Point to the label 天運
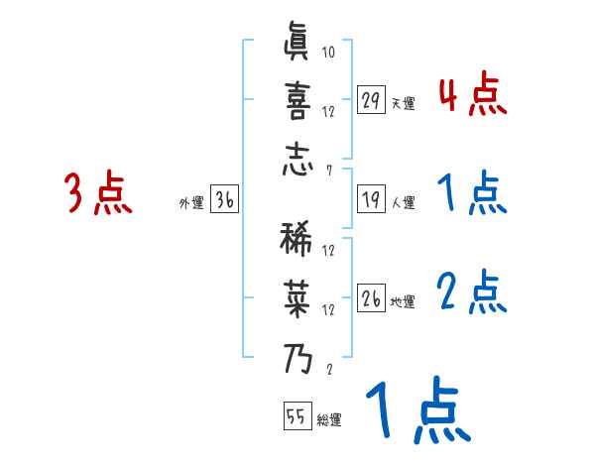403,103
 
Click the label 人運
403,202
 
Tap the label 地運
403,301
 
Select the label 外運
190,202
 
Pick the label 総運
329,419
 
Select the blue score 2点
472,292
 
